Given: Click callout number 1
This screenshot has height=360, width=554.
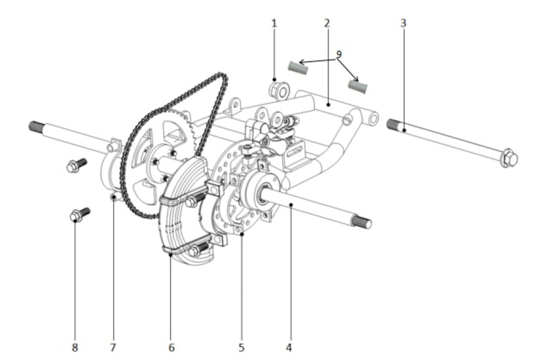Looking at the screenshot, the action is (x=274, y=24).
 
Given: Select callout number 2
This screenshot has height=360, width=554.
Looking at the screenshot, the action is (x=327, y=24).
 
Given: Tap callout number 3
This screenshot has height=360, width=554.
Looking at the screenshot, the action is (x=403, y=23).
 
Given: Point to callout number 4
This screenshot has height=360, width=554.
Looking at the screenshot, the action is (x=289, y=348).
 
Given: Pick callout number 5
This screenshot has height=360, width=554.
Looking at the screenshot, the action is (x=241, y=348).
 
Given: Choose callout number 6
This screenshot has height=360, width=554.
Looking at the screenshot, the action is (x=172, y=348).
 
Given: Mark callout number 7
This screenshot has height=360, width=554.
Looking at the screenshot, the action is (x=113, y=348).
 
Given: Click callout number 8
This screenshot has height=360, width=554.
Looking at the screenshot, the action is (x=75, y=348).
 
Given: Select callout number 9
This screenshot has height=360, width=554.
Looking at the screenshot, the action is (x=339, y=54).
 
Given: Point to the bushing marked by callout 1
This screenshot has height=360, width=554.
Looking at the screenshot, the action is (x=279, y=91).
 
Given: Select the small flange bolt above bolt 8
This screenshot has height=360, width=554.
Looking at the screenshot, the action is (x=77, y=165).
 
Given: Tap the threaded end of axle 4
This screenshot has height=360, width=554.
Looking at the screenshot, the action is (x=361, y=222).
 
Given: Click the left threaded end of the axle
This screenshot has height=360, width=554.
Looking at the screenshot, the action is (x=37, y=126).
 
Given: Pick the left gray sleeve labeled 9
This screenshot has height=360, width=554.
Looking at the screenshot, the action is (x=297, y=67).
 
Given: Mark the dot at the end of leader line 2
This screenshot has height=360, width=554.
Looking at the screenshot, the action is (x=328, y=105).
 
